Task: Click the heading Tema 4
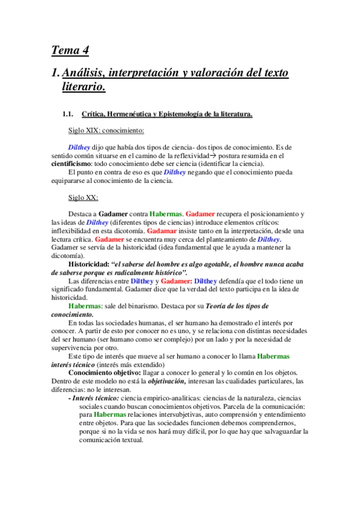click(70, 50)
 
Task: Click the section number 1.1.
click(67, 114)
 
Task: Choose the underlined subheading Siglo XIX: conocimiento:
click(106, 130)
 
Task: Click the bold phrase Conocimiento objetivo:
click(105, 372)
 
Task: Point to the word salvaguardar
click(279, 431)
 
